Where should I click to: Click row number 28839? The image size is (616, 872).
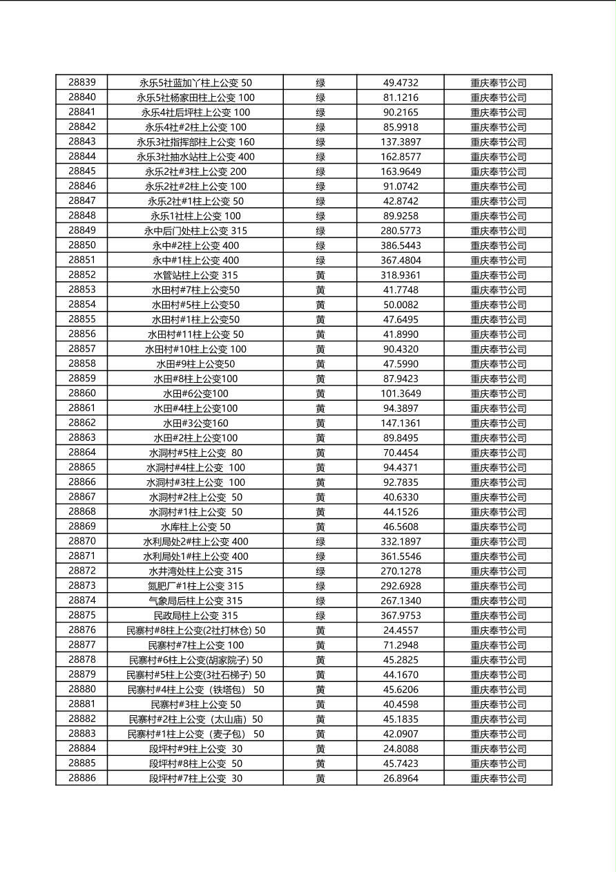[x=81, y=82]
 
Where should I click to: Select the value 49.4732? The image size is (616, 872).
[x=401, y=83]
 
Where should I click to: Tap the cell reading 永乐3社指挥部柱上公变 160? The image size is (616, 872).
[x=195, y=142]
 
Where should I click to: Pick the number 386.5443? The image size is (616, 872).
[x=401, y=245]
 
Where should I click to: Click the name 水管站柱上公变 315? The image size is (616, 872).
[x=195, y=275]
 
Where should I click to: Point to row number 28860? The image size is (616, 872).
[x=81, y=393]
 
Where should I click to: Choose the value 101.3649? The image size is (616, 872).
[x=401, y=394]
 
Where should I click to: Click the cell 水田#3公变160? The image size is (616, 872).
[x=195, y=423]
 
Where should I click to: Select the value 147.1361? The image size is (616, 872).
[x=401, y=423]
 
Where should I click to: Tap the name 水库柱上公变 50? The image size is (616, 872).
[x=195, y=527]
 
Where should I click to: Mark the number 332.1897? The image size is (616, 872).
[x=401, y=542]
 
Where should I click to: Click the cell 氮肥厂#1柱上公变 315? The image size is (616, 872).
[x=195, y=586]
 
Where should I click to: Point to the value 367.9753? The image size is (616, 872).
[x=401, y=616]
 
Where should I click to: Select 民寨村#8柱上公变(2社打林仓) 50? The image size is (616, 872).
[x=195, y=630]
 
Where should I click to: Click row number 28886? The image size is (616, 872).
[x=81, y=778]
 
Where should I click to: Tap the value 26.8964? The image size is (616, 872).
[x=401, y=779]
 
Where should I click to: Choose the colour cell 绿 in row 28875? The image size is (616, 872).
[x=320, y=616]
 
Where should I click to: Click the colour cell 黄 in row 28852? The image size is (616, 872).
[x=320, y=275]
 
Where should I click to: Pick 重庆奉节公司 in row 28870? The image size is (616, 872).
[x=498, y=542]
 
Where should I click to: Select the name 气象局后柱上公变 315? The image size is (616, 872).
[x=195, y=601]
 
